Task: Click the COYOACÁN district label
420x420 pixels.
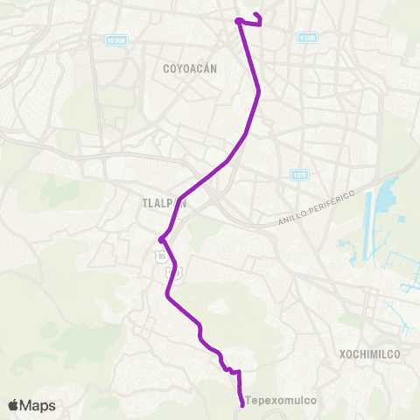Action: tap(190, 67)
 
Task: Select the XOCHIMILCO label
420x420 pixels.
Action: tap(368, 354)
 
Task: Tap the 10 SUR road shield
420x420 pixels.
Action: tap(115, 40)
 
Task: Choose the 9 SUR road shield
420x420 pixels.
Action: tap(306, 38)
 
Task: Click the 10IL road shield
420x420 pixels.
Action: tap(300, 175)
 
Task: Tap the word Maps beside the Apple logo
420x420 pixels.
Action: tap(39, 405)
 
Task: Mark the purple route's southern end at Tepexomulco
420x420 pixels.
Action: tap(241, 404)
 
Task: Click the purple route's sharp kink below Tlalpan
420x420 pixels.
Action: tap(161, 238)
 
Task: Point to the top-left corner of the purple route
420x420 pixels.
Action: tap(237, 20)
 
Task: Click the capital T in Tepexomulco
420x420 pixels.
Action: tap(249, 402)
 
